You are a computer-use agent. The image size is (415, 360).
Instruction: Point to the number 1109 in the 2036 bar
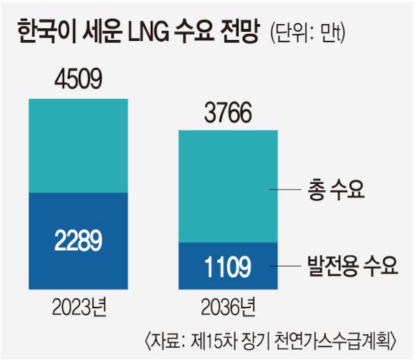(x=228, y=264)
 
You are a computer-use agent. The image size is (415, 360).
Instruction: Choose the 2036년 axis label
(x=228, y=305)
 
